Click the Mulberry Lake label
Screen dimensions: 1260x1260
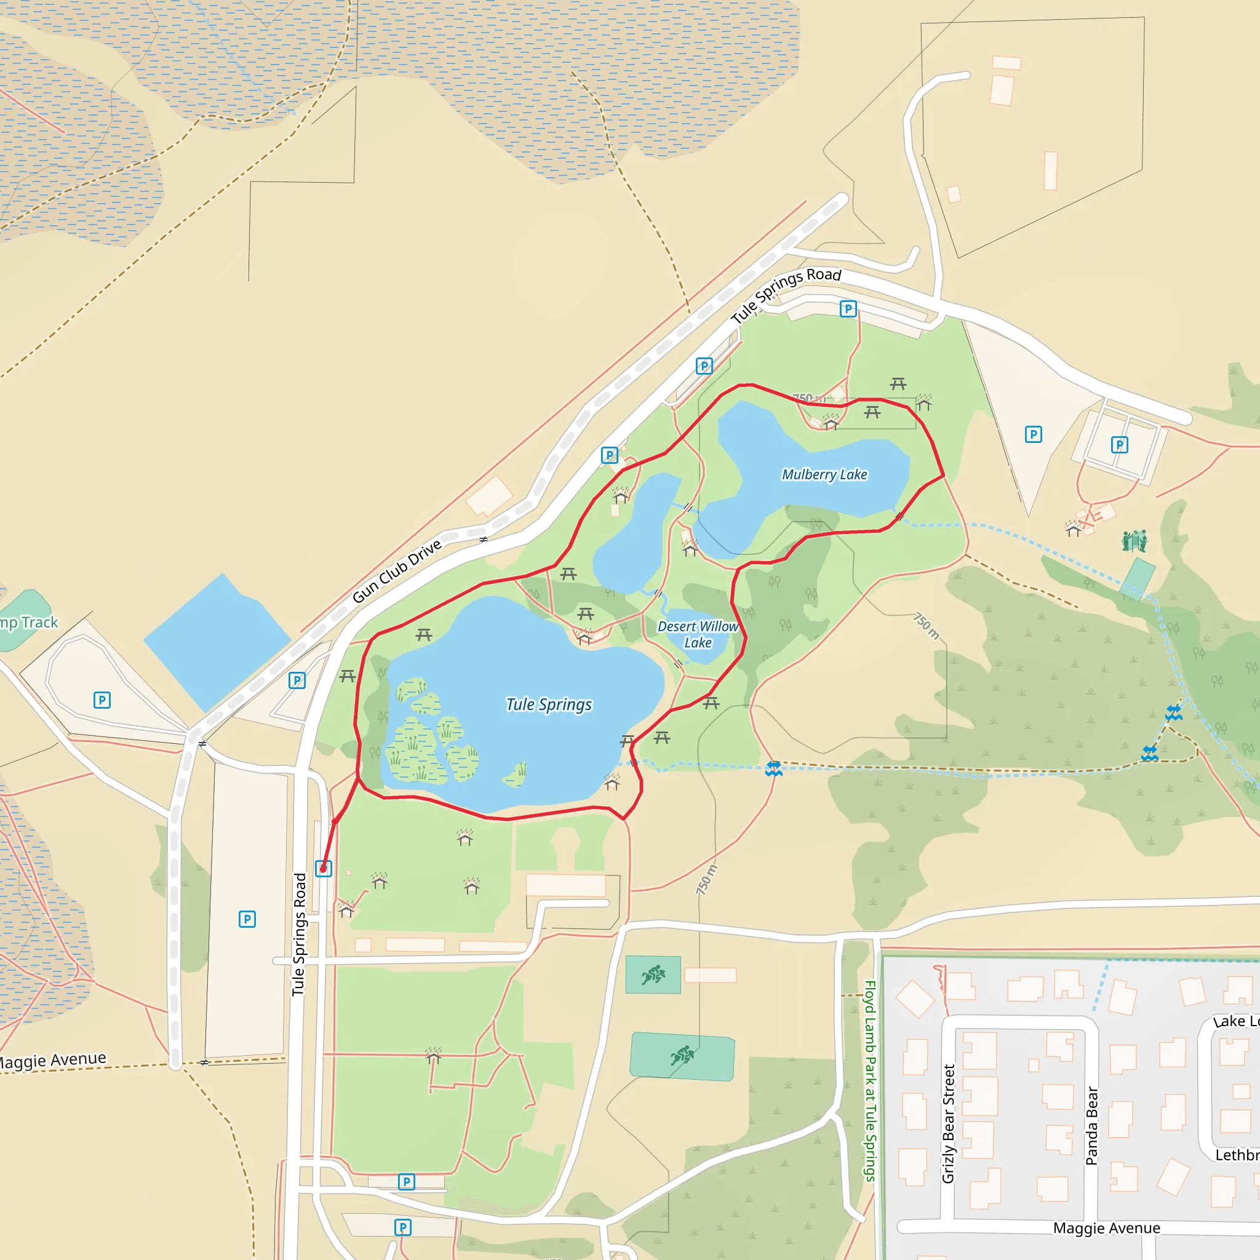click(x=824, y=474)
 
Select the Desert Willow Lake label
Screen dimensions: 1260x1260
click(x=697, y=634)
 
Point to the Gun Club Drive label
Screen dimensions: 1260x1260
click(x=397, y=572)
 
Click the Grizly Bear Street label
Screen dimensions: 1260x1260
click(x=948, y=1123)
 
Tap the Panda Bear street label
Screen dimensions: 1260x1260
click(x=1092, y=1126)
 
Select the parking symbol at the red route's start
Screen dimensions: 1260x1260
click(x=324, y=868)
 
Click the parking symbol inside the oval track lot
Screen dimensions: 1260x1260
click(x=102, y=700)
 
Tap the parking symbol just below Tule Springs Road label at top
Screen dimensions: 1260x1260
click(x=848, y=308)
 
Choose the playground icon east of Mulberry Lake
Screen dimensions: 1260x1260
click(x=1134, y=540)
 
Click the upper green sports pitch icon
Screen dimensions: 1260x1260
click(x=652, y=975)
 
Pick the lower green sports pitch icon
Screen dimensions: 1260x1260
click(x=682, y=1055)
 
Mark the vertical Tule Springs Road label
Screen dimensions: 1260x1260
click(x=298, y=934)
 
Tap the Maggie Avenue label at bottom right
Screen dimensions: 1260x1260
click(x=1106, y=1228)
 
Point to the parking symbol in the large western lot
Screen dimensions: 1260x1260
click(x=247, y=919)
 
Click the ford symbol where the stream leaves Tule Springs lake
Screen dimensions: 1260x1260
click(x=773, y=768)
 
